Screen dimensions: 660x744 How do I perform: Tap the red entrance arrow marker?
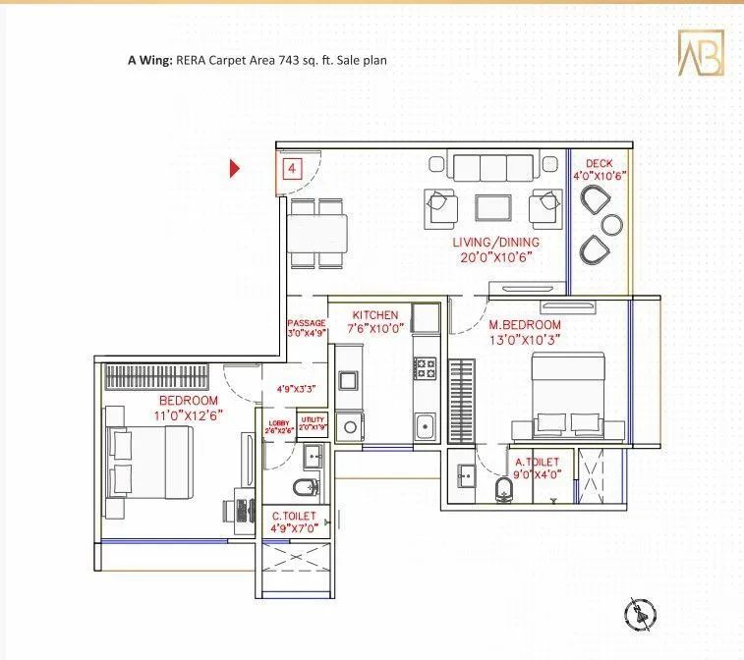pyautogui.click(x=235, y=168)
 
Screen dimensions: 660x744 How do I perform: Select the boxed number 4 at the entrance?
pyautogui.click(x=292, y=168)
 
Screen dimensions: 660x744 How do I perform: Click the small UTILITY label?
pyautogui.click(x=313, y=420)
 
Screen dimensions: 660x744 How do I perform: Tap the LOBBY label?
pyautogui.click(x=279, y=423)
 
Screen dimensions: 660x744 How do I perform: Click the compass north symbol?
pyautogui.click(x=640, y=616)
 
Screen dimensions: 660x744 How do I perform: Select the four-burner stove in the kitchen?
pyautogui.click(x=425, y=368)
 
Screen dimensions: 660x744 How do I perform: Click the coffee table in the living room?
pyautogui.click(x=491, y=206)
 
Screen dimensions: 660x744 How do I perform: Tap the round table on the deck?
pyautogui.click(x=612, y=224)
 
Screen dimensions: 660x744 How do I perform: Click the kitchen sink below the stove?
pyautogui.click(x=425, y=427)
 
